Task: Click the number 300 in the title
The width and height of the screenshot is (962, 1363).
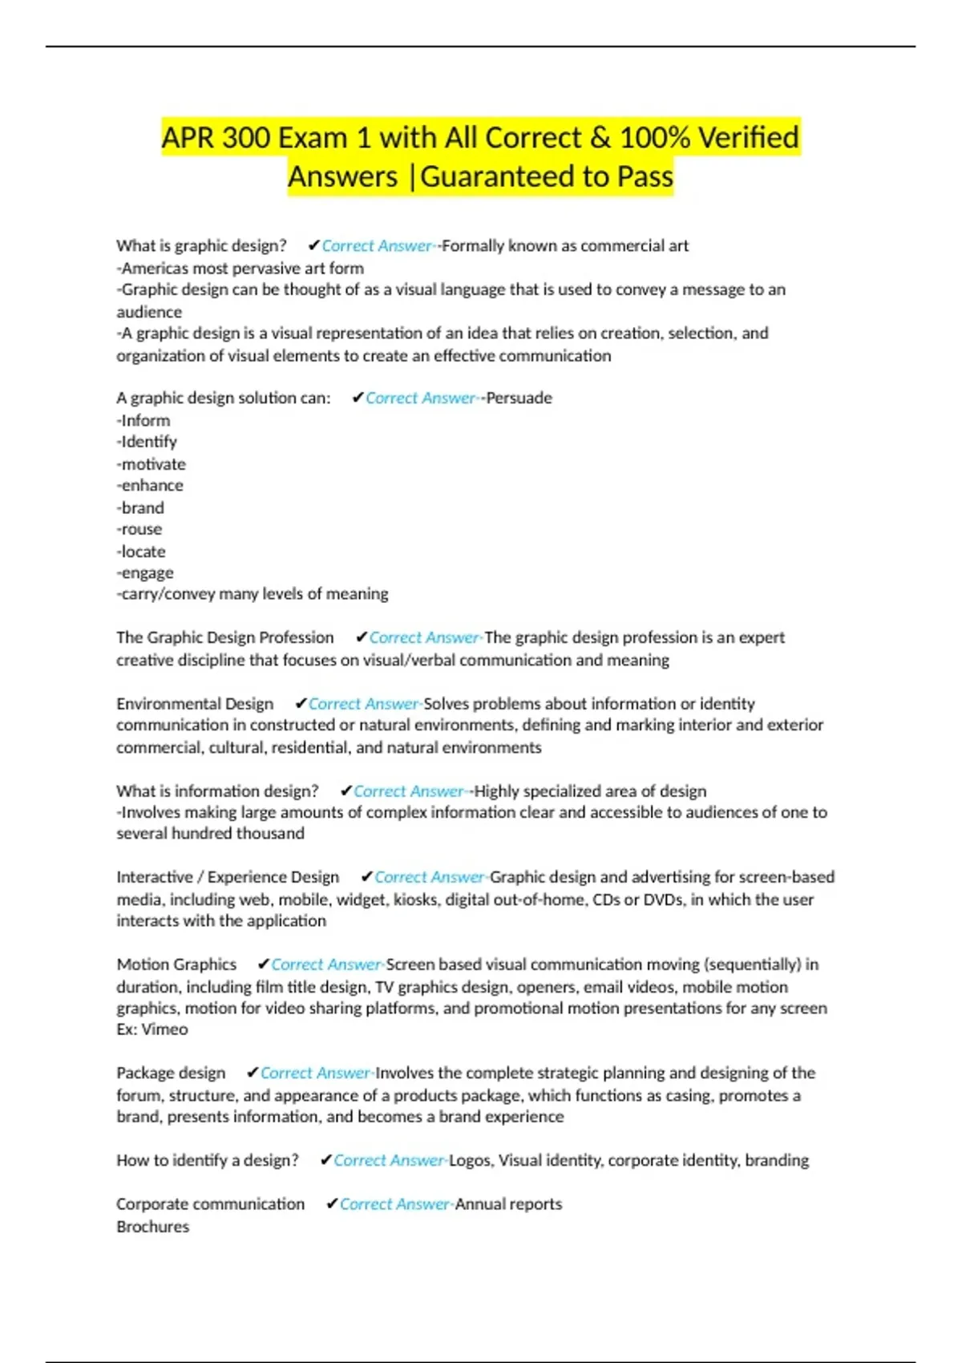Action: pos(245,138)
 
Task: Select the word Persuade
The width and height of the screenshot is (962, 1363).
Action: pos(519,398)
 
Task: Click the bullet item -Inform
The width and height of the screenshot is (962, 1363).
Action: pos(143,420)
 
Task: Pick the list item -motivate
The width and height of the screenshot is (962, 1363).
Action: pos(151,464)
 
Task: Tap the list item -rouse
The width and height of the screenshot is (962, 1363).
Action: pos(139,529)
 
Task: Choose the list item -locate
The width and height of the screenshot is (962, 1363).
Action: pos(141,552)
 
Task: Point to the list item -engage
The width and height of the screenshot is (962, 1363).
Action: pos(145,572)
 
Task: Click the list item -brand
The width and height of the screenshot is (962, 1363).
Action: pos(140,508)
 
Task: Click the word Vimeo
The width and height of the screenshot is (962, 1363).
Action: pos(165,1029)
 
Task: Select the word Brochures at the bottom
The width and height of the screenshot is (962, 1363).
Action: pos(153,1227)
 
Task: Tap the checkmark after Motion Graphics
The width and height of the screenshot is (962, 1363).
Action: pos(263,964)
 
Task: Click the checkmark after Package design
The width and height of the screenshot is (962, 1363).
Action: pos(253,1073)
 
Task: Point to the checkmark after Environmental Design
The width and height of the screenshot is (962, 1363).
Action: pos(301,703)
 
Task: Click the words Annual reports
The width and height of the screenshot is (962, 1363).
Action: pos(508,1204)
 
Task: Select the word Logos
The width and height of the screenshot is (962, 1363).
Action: pos(470,1160)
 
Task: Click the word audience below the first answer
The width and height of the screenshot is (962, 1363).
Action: pos(149,312)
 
